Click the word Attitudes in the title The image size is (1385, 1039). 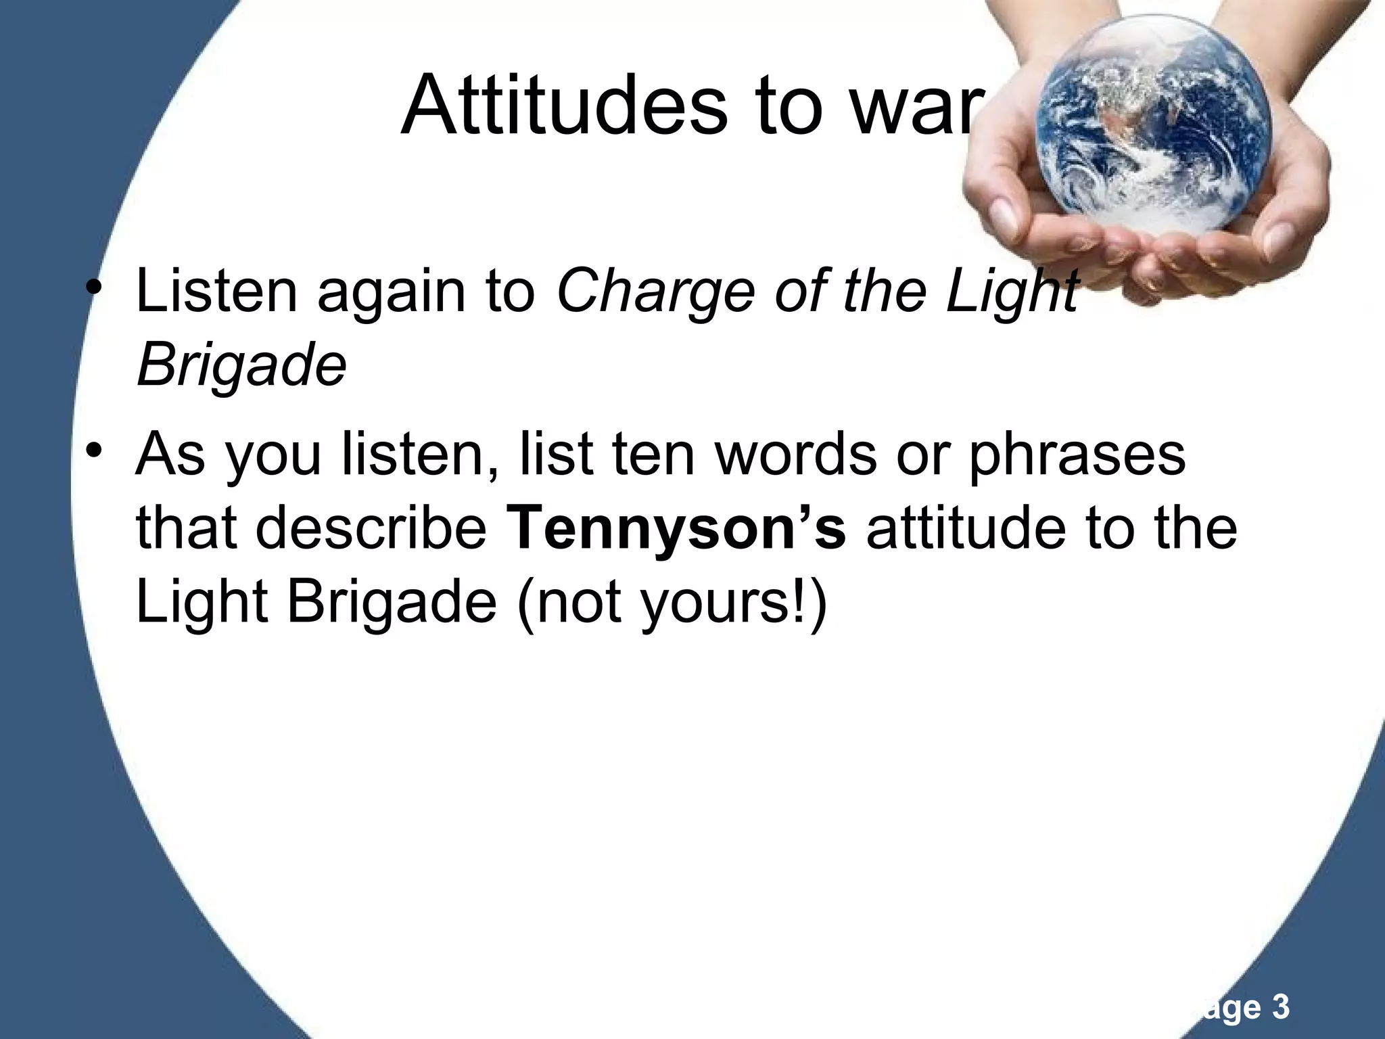click(565, 106)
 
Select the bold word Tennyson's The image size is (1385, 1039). click(676, 528)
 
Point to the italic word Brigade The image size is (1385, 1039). click(241, 366)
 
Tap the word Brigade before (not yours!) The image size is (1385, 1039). click(392, 603)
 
